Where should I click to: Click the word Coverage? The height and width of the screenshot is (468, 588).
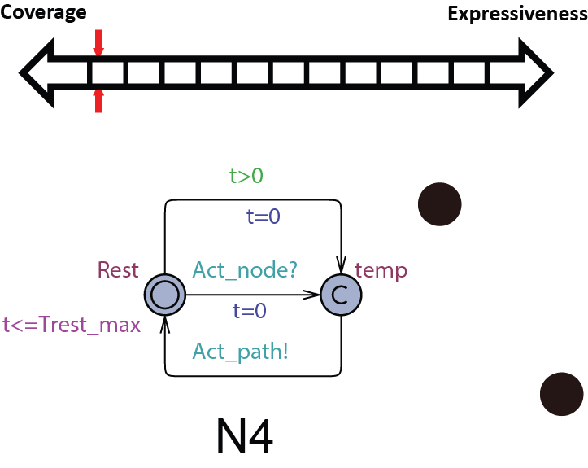(43, 13)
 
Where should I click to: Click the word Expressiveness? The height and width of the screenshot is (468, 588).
(518, 14)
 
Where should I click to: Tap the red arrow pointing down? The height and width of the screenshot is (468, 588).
(98, 43)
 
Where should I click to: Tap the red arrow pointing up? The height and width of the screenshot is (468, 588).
(98, 101)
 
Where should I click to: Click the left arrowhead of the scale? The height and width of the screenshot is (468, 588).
(37, 72)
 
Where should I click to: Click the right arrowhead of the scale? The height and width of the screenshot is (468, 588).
(536, 72)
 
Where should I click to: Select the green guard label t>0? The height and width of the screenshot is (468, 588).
(246, 175)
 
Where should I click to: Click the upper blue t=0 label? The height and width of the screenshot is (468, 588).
(263, 217)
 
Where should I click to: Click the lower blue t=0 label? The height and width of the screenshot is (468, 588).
(250, 311)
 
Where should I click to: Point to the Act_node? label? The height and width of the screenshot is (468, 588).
(245, 270)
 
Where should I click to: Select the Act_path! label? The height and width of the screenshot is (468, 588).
(241, 352)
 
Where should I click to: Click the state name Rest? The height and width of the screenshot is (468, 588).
(118, 270)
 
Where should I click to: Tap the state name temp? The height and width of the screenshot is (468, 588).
(381, 270)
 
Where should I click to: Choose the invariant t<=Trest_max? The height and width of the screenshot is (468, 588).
(72, 325)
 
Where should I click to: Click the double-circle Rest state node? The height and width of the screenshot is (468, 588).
(165, 295)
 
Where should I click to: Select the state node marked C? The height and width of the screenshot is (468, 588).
(341, 295)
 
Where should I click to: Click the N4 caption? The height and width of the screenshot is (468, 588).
(245, 436)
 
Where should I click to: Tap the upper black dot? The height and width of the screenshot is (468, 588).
(439, 204)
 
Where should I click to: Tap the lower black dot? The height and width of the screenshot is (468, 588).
(562, 394)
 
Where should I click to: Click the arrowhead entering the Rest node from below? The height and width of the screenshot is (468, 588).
(165, 324)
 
